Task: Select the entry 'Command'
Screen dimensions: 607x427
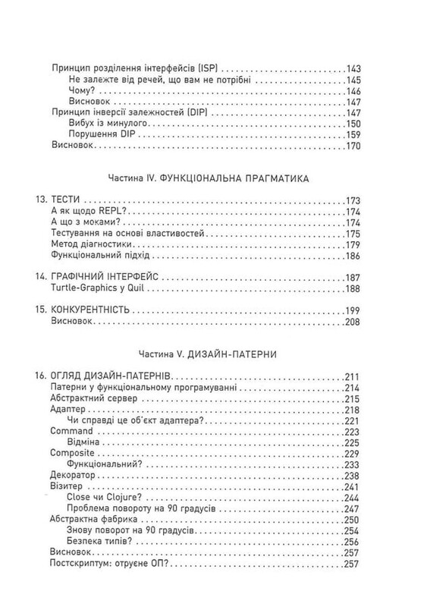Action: (70, 430)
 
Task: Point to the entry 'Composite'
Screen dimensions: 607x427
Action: (72, 453)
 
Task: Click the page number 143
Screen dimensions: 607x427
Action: (357, 68)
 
